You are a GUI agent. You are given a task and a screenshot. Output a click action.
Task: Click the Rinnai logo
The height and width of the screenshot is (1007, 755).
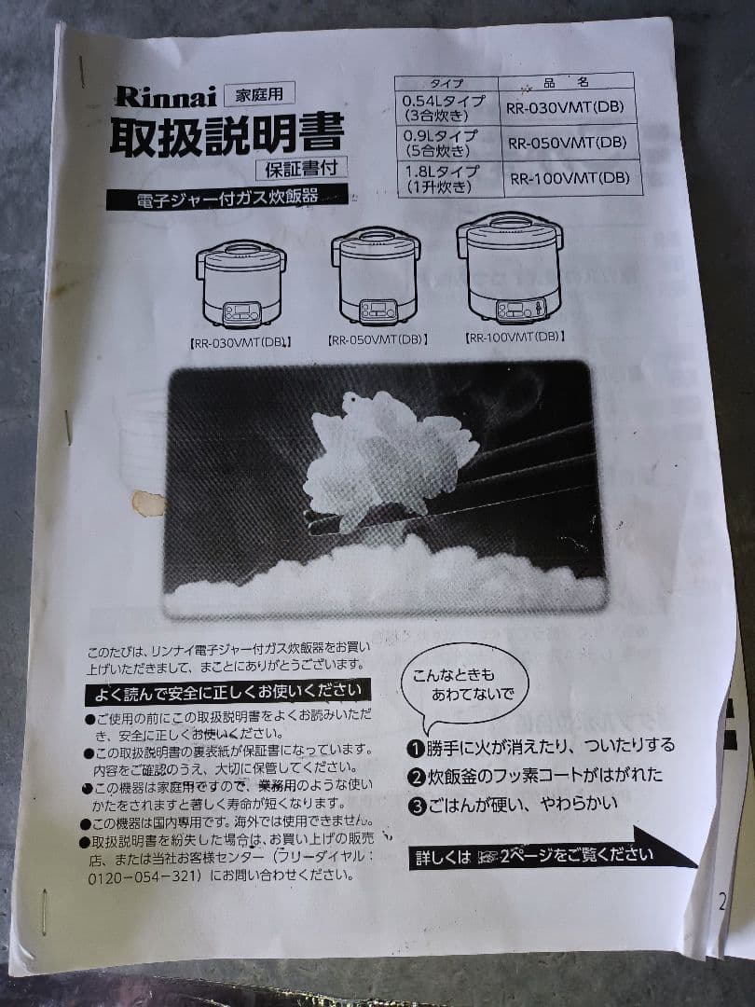click(x=165, y=96)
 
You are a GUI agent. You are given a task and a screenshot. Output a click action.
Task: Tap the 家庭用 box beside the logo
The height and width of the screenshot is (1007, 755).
click(x=258, y=92)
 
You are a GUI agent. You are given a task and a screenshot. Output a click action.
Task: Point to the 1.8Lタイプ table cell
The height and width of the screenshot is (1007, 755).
click(x=442, y=177)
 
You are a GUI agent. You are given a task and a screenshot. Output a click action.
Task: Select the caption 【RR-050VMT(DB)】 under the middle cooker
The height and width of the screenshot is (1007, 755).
click(x=377, y=339)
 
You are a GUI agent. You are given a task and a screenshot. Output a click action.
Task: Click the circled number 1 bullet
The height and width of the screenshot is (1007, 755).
click(x=416, y=747)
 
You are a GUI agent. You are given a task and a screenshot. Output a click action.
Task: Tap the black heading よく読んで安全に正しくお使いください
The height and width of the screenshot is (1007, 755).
click(x=227, y=691)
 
